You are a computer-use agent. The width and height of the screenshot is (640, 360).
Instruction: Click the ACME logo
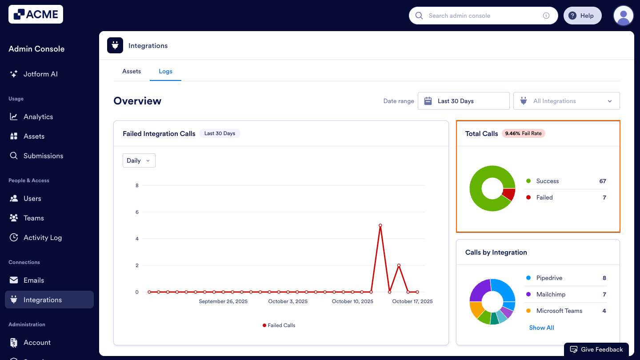coord(36,14)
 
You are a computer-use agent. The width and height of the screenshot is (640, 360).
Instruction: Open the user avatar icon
coord(623,16)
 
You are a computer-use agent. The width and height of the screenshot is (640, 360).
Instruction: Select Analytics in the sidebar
coord(38,117)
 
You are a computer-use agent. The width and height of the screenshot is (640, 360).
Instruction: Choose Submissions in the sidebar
coord(43,156)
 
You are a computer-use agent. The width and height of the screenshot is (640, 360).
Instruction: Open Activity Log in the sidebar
coord(43,238)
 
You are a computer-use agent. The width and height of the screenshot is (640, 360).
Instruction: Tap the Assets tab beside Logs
coord(132,71)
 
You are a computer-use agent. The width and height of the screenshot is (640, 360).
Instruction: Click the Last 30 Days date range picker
coord(464,101)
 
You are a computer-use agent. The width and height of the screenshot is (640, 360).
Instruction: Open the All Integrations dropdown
coord(566,101)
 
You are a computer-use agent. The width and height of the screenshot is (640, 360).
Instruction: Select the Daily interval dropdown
coord(139,160)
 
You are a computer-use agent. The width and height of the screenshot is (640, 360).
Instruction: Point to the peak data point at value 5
coord(380,225)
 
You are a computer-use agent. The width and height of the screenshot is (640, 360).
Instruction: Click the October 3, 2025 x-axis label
coord(288,301)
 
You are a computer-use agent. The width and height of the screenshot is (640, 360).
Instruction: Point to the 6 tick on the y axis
coord(137,212)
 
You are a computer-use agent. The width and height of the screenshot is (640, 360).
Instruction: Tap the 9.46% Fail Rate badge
coord(524,133)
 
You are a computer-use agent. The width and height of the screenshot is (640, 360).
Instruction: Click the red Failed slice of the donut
coord(508,194)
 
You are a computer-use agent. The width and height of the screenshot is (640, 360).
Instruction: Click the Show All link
coord(541,328)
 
